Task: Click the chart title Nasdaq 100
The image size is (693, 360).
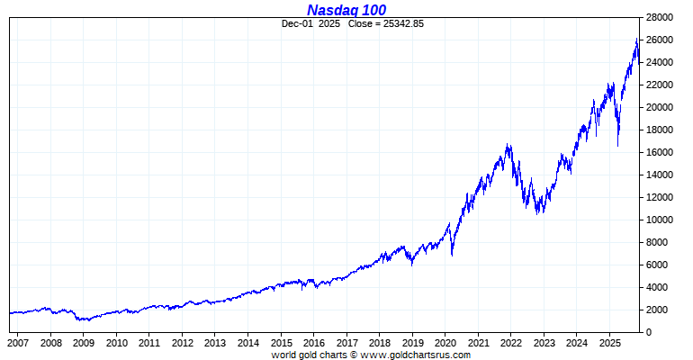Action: [x=346, y=10]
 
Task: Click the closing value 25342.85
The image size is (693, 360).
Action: [x=399, y=23]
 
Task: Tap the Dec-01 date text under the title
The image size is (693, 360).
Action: [x=297, y=23]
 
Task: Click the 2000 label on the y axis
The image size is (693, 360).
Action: [x=658, y=310]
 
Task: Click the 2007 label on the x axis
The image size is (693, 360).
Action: [x=18, y=343]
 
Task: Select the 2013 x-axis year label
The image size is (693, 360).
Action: [x=215, y=343]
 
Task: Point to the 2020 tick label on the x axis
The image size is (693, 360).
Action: [x=445, y=343]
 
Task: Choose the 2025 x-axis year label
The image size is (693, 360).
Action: [x=610, y=343]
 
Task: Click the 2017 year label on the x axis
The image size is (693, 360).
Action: [x=346, y=343]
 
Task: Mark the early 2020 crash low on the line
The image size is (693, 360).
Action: [x=452, y=255]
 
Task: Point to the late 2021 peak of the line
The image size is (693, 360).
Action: [x=508, y=144]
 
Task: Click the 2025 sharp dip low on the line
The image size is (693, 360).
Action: [x=617, y=145]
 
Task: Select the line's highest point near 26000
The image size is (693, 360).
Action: [x=637, y=40]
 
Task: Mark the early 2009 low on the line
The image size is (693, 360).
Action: [x=79, y=320]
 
